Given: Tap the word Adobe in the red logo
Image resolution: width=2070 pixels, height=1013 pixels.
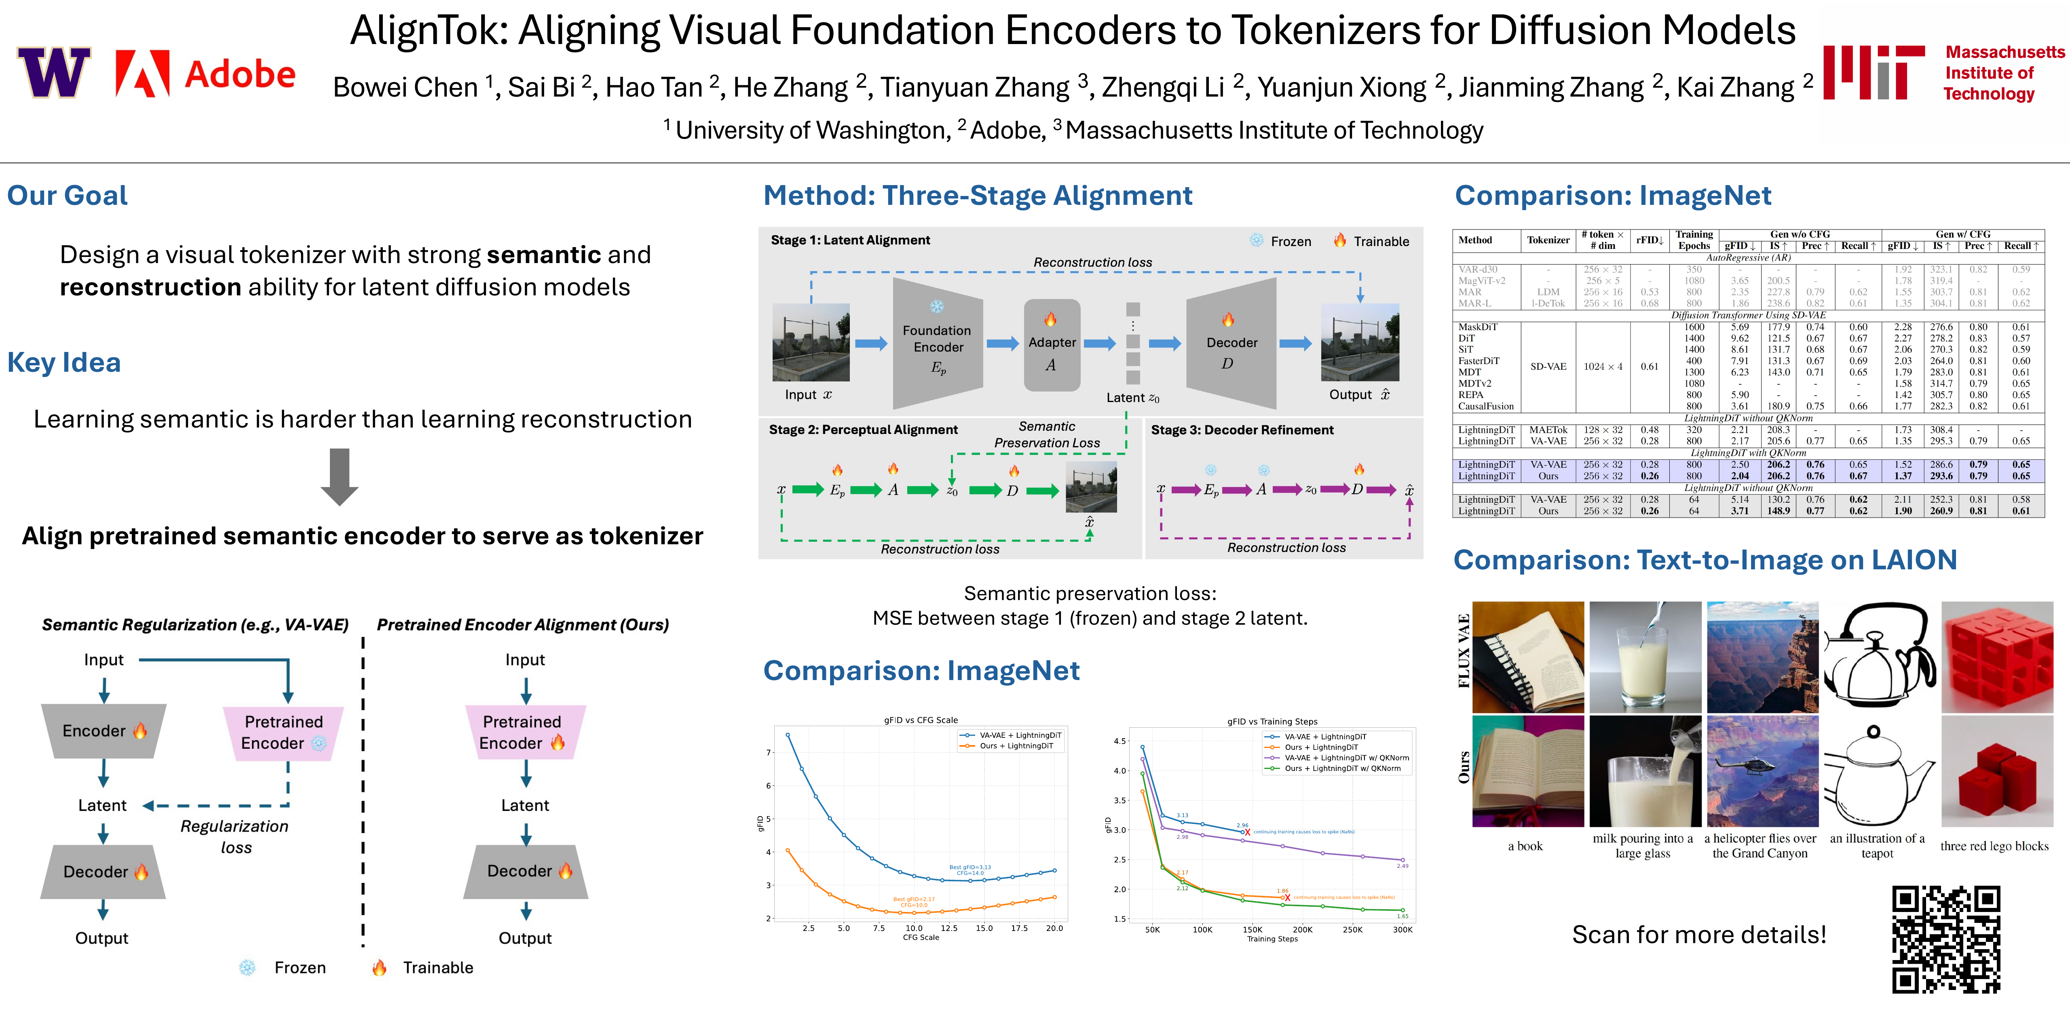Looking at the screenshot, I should pyautogui.click(x=240, y=75).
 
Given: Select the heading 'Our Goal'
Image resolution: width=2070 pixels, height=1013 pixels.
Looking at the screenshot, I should pyautogui.click(x=68, y=195).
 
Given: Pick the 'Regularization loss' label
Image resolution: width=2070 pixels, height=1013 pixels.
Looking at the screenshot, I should pyautogui.click(x=234, y=836).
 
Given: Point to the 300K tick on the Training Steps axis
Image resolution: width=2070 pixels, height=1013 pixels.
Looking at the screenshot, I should pyautogui.click(x=1402, y=929).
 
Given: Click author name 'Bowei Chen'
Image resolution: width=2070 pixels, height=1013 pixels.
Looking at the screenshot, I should pyautogui.click(x=405, y=87).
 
